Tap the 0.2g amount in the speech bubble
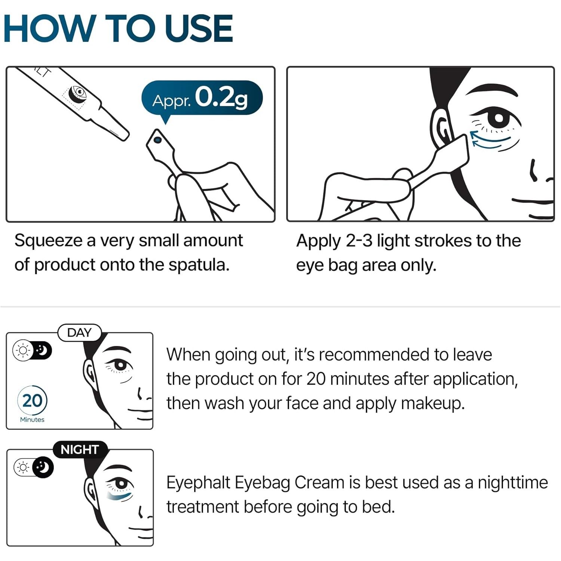pyautogui.click(x=221, y=98)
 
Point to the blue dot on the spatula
pyautogui.click(x=157, y=140)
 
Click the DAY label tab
pyautogui.click(x=80, y=332)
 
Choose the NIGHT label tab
pyautogui.click(x=80, y=450)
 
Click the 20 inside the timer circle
pyautogui.click(x=32, y=401)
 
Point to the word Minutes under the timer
pyautogui.click(x=32, y=420)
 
